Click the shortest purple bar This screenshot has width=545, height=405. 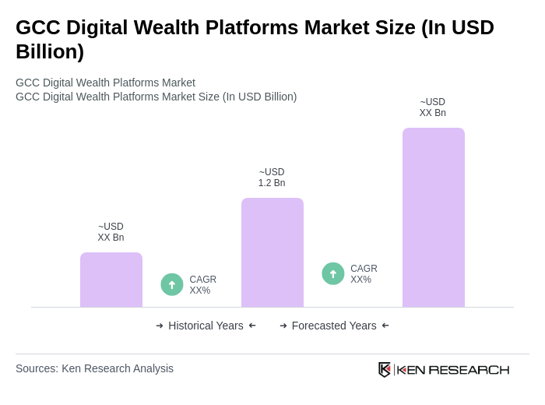pyautogui.click(x=111, y=280)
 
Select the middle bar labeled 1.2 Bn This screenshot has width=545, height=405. pyautogui.click(x=272, y=252)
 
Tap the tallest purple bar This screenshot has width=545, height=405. pyautogui.click(x=434, y=217)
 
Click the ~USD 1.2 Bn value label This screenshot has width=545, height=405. pyautogui.click(x=272, y=178)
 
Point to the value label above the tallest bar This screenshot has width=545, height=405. pyautogui.click(x=433, y=107)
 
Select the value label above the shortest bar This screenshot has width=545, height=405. pyautogui.click(x=111, y=232)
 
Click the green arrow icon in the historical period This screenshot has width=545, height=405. pyautogui.click(x=172, y=284)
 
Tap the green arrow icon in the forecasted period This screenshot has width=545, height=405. pyautogui.click(x=333, y=273)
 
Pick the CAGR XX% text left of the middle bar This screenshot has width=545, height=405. pyautogui.click(x=202, y=285)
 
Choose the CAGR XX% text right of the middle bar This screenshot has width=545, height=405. pyautogui.click(x=364, y=274)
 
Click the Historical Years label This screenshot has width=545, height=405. pyautogui.click(x=206, y=326)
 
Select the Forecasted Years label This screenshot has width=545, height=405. pyautogui.click(x=334, y=326)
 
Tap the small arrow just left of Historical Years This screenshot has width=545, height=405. pyautogui.click(x=160, y=326)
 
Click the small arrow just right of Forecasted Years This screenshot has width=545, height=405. pyautogui.click(x=385, y=326)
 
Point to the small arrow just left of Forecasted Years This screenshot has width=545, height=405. pyautogui.click(x=283, y=326)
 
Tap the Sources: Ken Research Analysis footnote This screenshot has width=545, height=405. pyautogui.click(x=94, y=368)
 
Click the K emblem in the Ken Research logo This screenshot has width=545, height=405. pyautogui.click(x=385, y=369)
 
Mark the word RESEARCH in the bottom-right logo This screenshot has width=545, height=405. pyautogui.click(x=469, y=369)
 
